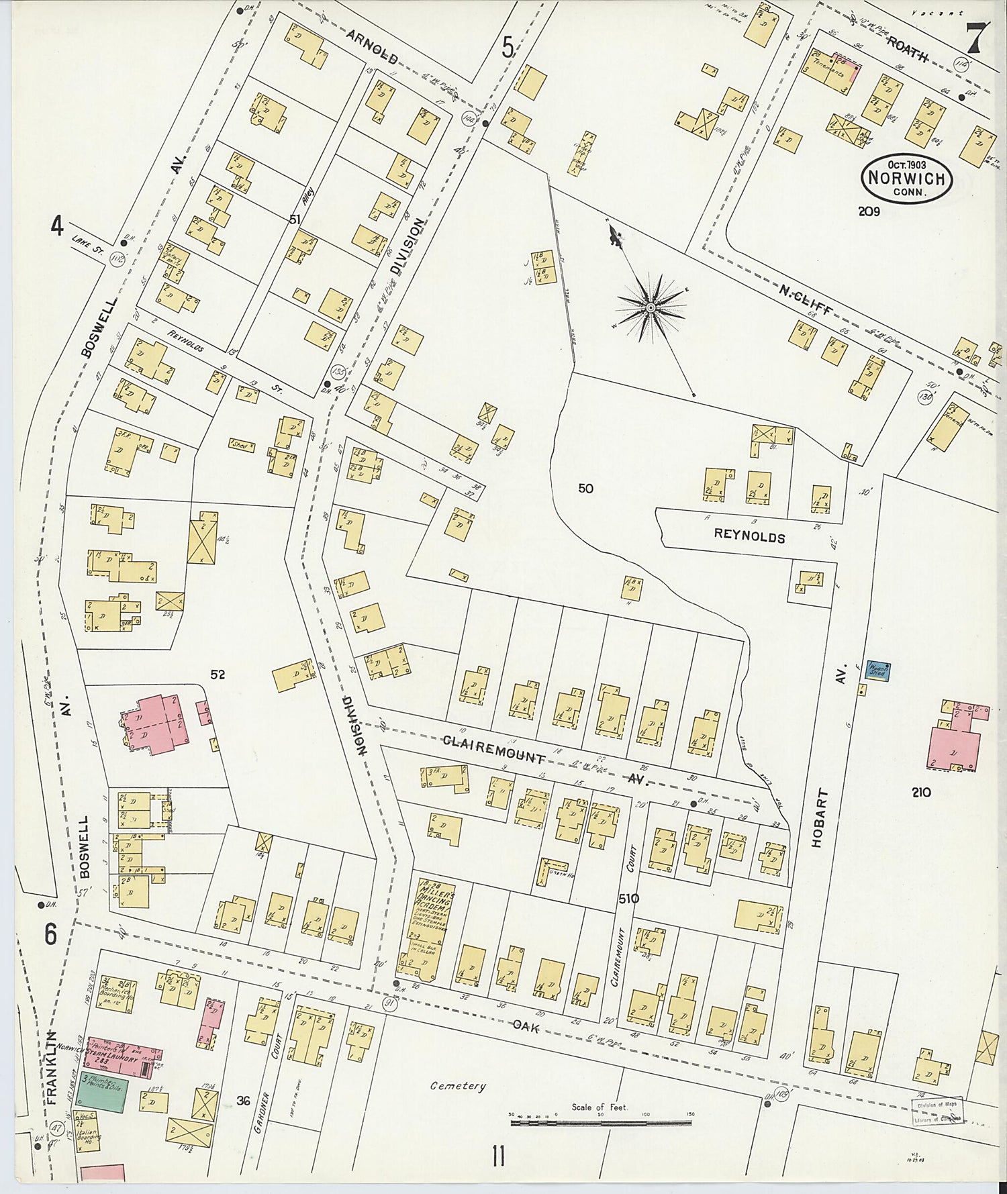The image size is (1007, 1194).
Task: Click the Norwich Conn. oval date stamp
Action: click(x=908, y=178)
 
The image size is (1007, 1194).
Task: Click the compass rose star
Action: click(x=651, y=307)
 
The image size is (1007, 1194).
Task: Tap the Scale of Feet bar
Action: click(x=600, y=1122)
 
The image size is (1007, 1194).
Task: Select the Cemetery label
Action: click(x=458, y=1086)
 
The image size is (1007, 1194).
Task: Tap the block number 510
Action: click(x=628, y=899)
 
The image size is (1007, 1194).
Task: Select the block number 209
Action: click(x=869, y=211)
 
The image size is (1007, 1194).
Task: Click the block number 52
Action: click(x=217, y=675)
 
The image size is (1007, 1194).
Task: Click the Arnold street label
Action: click(x=374, y=47)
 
